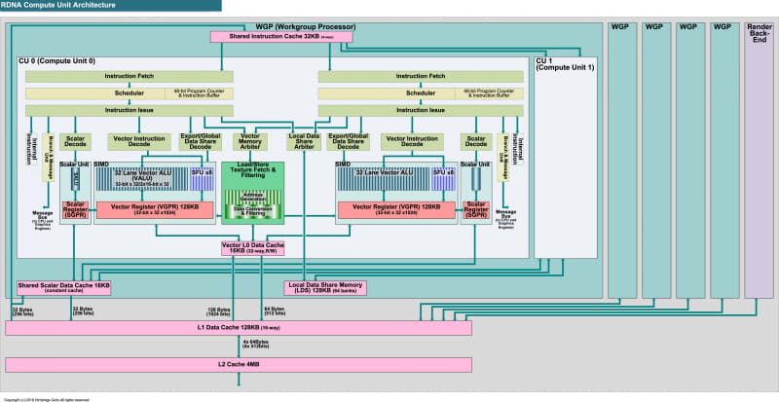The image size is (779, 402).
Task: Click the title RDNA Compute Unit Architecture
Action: tap(56, 6)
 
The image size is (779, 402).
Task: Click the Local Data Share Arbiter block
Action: tap(303, 142)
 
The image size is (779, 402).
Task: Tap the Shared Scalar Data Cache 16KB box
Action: tap(64, 288)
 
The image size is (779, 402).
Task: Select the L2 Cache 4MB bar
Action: tap(239, 365)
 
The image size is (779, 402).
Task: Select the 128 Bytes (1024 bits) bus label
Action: tap(219, 311)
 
